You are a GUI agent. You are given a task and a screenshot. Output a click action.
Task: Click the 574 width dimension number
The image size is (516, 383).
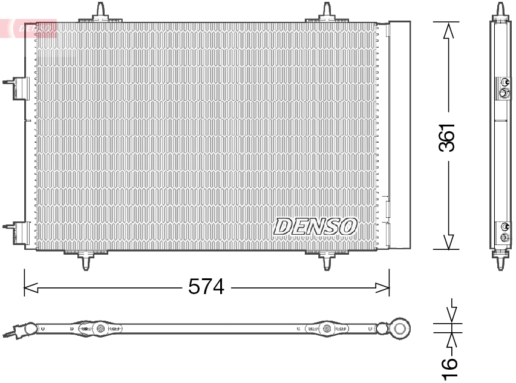[206, 287]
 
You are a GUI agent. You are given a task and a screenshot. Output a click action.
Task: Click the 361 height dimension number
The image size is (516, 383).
[447, 137]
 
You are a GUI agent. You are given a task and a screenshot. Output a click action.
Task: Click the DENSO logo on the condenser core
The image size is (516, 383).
[315, 226]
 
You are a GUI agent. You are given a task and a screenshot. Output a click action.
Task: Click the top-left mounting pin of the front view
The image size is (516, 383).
[100, 11]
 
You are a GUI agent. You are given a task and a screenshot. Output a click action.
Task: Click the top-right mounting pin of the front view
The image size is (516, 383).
[327, 11]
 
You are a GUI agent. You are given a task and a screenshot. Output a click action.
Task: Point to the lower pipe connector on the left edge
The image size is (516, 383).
[18, 233]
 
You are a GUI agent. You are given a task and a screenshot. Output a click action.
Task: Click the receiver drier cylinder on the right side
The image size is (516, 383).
[399, 134]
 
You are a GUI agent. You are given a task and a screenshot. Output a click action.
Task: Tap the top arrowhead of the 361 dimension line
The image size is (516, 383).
[448, 30]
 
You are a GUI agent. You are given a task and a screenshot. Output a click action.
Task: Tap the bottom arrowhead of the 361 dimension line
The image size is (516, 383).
[448, 241]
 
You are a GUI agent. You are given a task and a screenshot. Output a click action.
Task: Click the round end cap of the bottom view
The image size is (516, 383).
[400, 329]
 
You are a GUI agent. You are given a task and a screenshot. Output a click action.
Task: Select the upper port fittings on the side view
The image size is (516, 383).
[503, 87]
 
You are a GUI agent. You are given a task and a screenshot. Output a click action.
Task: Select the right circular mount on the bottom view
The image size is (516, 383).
[327, 329]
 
